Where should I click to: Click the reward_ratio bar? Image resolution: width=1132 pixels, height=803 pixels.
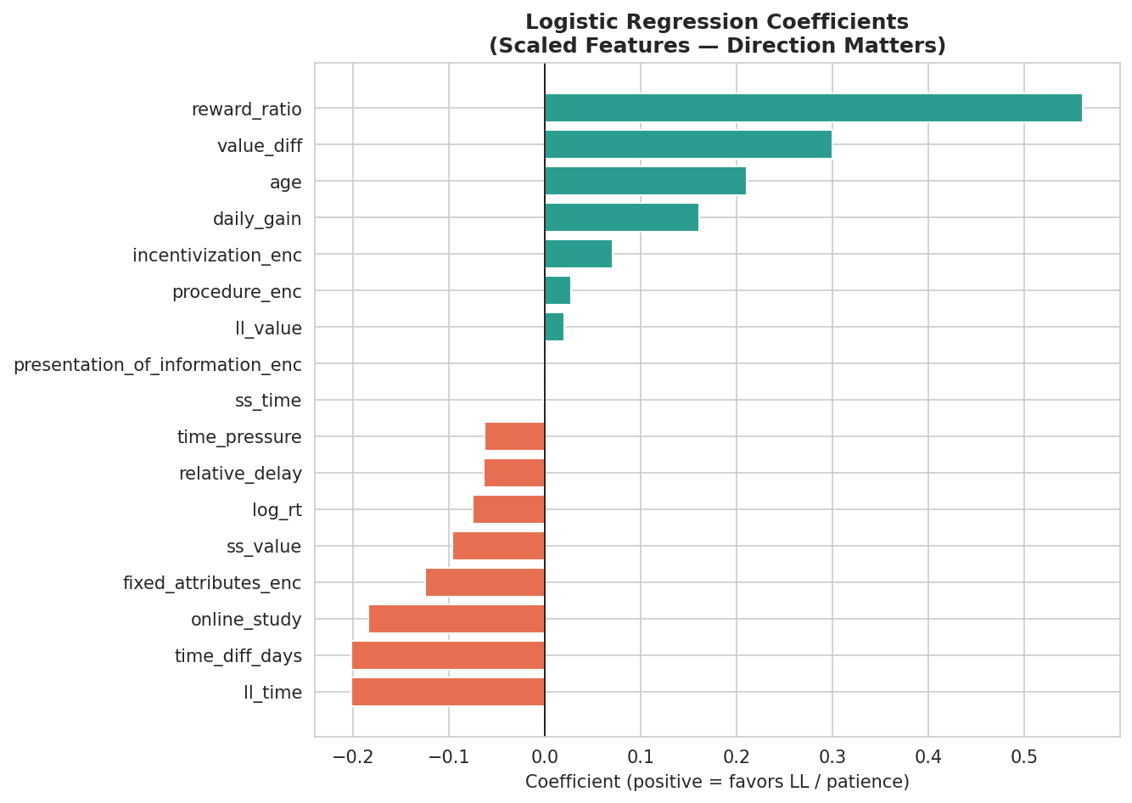point(813,109)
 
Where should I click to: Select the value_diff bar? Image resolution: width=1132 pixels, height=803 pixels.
point(688,145)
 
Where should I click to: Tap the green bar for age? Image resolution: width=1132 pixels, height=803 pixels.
point(645,182)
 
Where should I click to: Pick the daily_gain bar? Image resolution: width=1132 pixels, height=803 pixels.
point(621,218)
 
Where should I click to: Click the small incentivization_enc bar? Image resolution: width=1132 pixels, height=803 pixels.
point(578,255)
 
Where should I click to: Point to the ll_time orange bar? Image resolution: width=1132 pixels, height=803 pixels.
point(448,693)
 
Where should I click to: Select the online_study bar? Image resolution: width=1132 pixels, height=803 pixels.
point(457,620)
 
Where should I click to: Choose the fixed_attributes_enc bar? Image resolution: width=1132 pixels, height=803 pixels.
point(485,583)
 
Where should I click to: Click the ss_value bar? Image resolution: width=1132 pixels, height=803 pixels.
point(498,547)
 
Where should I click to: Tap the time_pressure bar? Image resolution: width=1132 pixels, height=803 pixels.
point(514,437)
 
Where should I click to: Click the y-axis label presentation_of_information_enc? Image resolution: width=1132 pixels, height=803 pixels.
point(158,365)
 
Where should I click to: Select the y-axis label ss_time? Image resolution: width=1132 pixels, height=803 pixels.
point(268,401)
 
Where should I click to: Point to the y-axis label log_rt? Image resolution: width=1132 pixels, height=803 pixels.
point(277,510)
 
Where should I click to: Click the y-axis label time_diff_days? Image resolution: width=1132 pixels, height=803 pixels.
point(238,656)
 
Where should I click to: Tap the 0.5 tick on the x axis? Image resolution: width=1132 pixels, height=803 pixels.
point(1024,756)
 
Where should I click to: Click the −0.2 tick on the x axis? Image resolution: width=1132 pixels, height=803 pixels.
point(352,756)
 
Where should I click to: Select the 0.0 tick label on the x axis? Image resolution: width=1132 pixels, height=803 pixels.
point(545,756)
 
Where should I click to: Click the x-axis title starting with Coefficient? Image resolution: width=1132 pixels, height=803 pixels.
point(717,782)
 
